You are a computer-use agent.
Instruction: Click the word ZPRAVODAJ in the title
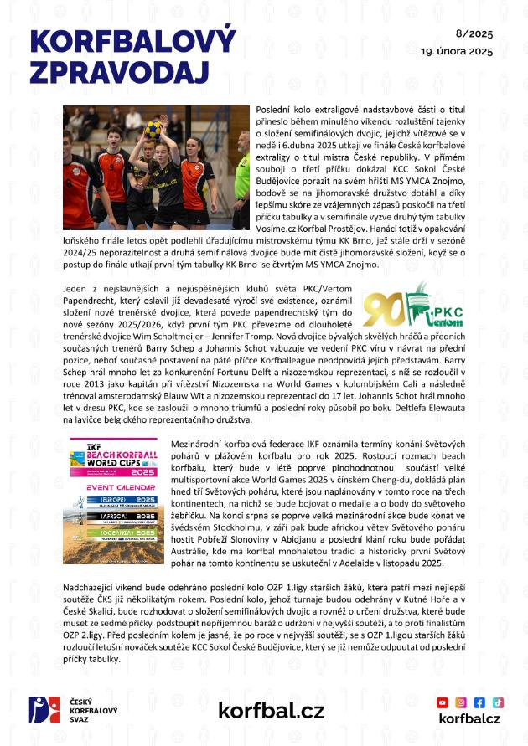[118, 71]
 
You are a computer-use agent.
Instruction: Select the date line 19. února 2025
[457, 50]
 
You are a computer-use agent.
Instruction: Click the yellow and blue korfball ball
[153, 127]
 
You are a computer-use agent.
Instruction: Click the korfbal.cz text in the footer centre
[271, 711]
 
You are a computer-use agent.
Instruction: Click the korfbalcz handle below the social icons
[469, 718]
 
